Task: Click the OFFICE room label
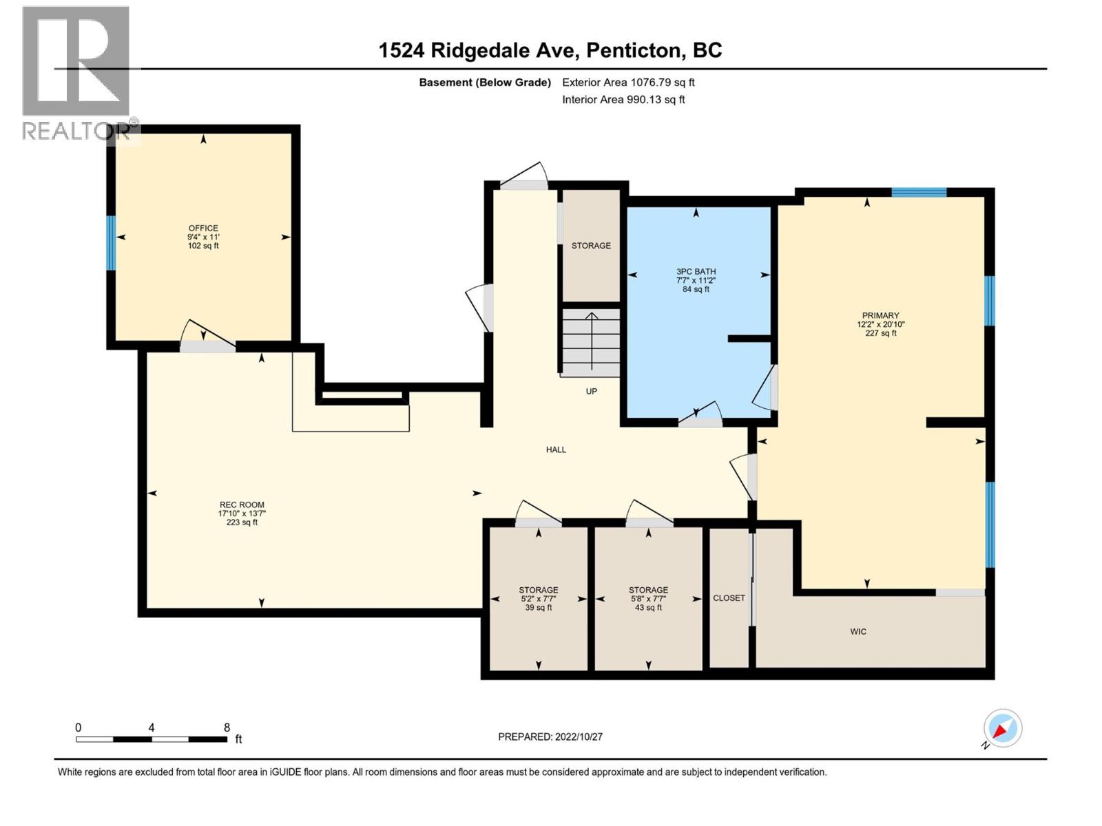(x=203, y=228)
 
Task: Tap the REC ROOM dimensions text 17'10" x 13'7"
(x=242, y=513)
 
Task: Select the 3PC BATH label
(x=696, y=271)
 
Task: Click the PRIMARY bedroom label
(x=880, y=315)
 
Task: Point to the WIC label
(x=858, y=631)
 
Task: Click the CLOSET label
(x=729, y=597)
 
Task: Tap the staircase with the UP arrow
(x=591, y=342)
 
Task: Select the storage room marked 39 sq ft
(x=538, y=598)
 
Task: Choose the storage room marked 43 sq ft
(x=648, y=598)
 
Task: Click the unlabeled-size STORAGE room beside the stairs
(x=591, y=246)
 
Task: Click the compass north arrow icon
(x=1002, y=728)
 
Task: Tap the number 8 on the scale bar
(x=227, y=728)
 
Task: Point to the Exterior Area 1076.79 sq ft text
(x=628, y=82)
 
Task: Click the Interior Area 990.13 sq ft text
(x=623, y=99)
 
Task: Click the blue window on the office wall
(x=110, y=242)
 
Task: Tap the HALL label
(x=556, y=449)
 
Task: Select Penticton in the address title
(x=635, y=50)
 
